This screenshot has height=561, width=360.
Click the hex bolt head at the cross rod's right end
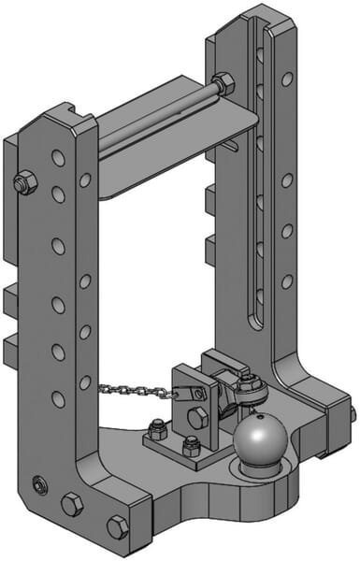point(223,84)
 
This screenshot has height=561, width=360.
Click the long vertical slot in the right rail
point(253,178)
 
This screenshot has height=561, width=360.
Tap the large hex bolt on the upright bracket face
point(198,418)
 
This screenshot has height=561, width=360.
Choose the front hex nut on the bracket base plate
point(192,447)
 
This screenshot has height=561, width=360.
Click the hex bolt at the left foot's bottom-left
point(72,506)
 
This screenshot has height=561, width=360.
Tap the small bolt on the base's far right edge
point(352,412)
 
